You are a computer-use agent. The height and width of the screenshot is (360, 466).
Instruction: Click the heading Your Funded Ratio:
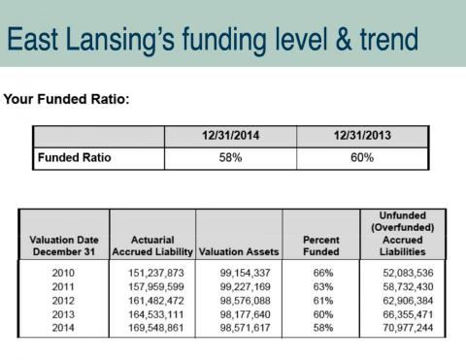tap(66, 99)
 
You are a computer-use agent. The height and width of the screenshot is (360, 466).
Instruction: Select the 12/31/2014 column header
tap(230, 135)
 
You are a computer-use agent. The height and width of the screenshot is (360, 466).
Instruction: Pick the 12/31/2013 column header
tap(362, 135)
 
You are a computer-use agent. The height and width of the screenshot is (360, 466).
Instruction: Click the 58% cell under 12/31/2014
tap(230, 157)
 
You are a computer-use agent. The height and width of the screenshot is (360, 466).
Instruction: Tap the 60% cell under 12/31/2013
tap(362, 157)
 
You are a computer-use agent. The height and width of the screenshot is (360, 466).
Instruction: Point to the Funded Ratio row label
tap(75, 157)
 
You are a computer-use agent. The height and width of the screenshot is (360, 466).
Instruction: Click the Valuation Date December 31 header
tap(64, 245)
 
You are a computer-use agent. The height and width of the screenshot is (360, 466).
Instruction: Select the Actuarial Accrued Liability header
tap(152, 245)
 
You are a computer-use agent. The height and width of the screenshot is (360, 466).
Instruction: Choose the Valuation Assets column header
tap(239, 251)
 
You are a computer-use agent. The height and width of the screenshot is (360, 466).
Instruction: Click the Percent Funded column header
tap(321, 245)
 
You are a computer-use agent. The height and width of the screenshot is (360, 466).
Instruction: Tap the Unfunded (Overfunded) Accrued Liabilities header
tap(403, 234)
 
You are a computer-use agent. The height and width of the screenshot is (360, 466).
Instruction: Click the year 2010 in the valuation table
tap(63, 273)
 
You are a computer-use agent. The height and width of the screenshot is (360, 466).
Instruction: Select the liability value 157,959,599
tap(156, 286)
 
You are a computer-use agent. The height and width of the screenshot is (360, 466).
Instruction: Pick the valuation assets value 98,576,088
tap(245, 301)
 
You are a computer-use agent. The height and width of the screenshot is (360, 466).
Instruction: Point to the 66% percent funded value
tap(323, 273)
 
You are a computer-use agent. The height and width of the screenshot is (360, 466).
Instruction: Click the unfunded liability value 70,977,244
tap(408, 328)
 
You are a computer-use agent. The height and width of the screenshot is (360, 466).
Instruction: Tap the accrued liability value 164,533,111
tap(156, 314)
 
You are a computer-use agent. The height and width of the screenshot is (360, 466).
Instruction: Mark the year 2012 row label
tap(63, 301)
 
